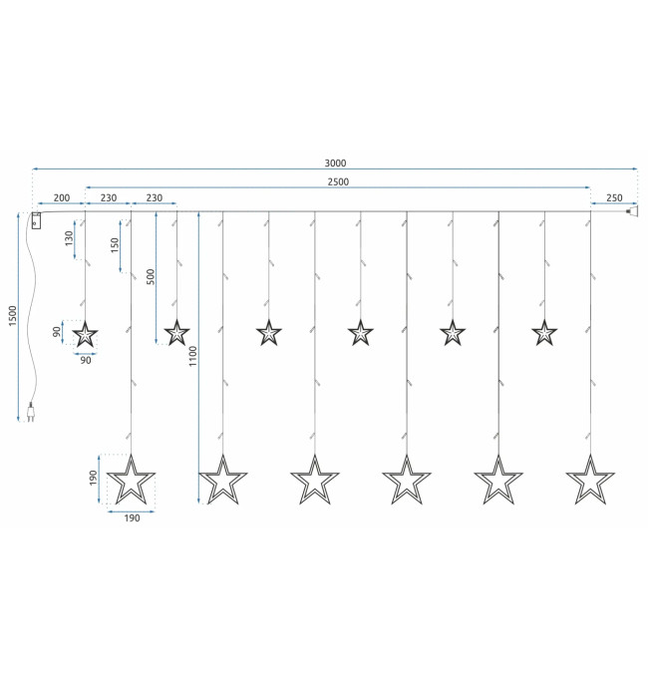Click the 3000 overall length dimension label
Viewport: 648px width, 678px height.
click(335, 163)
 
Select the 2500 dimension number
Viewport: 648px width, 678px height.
click(338, 181)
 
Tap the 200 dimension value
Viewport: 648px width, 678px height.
click(62, 197)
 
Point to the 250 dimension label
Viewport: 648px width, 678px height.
click(614, 197)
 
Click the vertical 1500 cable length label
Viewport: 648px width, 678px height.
click(13, 316)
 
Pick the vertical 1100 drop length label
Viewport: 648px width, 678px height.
click(192, 356)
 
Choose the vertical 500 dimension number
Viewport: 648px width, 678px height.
click(151, 277)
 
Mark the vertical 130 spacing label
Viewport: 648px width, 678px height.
click(69, 238)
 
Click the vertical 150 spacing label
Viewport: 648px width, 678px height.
click(115, 245)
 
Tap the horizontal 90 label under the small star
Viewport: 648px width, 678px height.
click(86, 360)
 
